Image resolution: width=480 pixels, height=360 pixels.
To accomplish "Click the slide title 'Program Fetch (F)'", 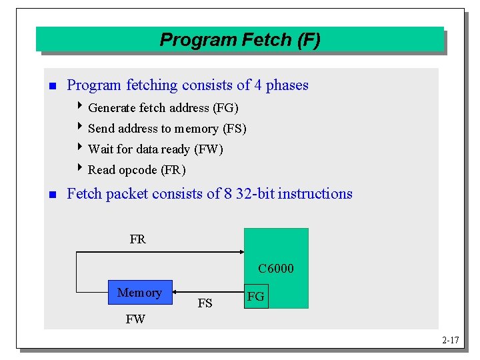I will [x=240, y=40].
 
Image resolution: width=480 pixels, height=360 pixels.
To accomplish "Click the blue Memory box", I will [x=139, y=293].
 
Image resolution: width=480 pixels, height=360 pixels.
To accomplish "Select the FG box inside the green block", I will [x=256, y=297].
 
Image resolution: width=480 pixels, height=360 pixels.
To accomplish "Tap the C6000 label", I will [x=275, y=269].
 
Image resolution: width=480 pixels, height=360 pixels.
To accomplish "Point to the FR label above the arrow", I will [x=137, y=239].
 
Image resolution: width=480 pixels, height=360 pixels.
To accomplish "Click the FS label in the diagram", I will [x=205, y=303].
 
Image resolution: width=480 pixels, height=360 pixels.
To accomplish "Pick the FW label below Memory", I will [x=135, y=319].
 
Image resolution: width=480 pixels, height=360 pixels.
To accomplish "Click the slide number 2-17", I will [x=451, y=341].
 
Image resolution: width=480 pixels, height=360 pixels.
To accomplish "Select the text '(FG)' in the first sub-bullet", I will [x=225, y=108].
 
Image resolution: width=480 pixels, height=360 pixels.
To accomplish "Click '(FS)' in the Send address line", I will [x=234, y=129].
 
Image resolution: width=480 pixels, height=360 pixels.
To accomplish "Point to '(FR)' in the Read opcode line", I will [x=173, y=170].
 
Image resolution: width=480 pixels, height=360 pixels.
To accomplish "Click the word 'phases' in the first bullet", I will [x=287, y=85].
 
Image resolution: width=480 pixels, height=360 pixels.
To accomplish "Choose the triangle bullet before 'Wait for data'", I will [x=81, y=148].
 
